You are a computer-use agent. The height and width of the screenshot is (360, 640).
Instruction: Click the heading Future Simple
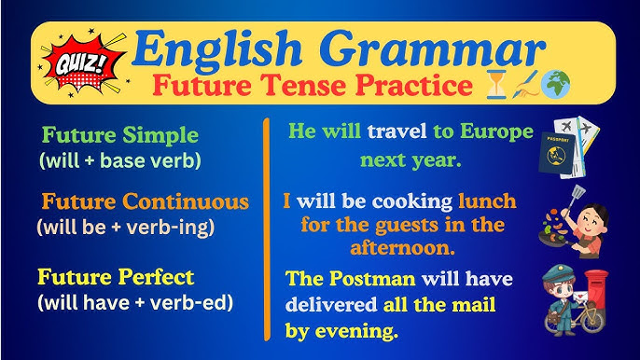(119, 134)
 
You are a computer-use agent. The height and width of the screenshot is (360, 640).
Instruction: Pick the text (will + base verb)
(119, 159)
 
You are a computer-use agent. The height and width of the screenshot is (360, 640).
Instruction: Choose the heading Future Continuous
(145, 201)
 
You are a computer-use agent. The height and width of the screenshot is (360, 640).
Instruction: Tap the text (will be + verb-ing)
(125, 226)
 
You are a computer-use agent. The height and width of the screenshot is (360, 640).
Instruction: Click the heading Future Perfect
(116, 277)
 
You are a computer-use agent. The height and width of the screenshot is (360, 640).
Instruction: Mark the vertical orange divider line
(269, 228)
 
